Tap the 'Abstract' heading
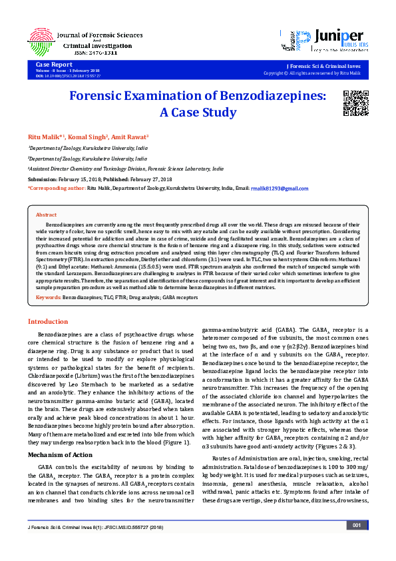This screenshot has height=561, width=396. click(x=46, y=215)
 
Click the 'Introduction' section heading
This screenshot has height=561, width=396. click(x=47, y=321)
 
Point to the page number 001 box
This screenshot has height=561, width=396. click(x=357, y=544)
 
